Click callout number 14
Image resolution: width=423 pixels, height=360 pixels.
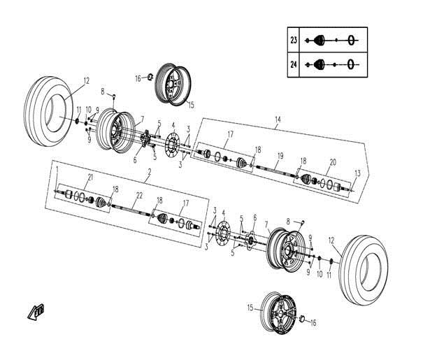(x=278, y=120)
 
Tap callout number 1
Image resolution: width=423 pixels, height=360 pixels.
(x=57, y=170)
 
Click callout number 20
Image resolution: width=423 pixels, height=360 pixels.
(x=332, y=161)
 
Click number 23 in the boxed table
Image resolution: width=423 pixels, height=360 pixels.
(x=294, y=40)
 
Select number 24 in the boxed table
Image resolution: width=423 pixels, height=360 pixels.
(x=294, y=64)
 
